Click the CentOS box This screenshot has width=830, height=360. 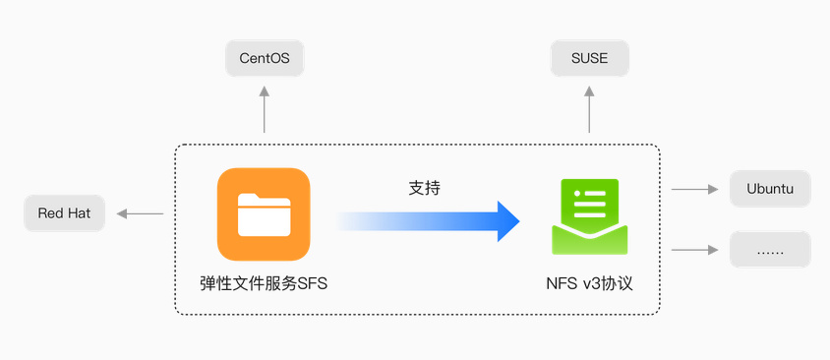point(265,58)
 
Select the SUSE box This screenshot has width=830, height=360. point(590,58)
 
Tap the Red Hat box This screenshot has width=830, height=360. point(65,213)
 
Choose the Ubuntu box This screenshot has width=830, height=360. point(770,189)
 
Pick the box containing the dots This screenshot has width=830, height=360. point(770,250)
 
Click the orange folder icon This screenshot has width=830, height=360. point(264,214)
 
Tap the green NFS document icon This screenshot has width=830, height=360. point(590,216)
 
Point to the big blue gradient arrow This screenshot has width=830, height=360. point(428,221)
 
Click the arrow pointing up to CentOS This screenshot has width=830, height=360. point(265,109)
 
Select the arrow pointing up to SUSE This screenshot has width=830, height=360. point(589,109)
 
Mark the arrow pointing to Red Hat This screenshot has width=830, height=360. point(141,213)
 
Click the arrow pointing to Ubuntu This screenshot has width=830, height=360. point(694,189)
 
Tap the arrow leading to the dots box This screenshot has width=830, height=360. point(694,250)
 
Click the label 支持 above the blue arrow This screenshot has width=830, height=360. point(425,188)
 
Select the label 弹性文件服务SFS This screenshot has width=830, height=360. point(264,283)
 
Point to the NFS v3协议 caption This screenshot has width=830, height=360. point(590,283)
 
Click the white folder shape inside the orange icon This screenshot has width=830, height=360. point(264,214)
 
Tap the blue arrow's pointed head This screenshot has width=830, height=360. point(508,221)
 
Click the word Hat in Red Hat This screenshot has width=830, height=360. point(80,213)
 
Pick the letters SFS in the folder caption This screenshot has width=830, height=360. point(313,284)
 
